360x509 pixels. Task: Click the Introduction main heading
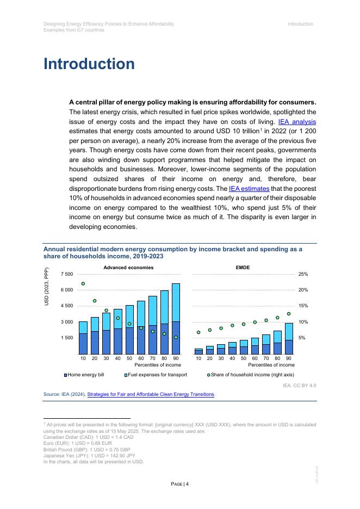coord(89,64)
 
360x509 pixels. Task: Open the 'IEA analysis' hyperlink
coord(297,122)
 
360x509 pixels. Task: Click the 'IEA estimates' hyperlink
coord(249,189)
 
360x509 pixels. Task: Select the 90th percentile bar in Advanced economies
coord(176,319)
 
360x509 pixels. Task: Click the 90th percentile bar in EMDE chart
coord(289,339)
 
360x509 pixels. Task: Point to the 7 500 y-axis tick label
coord(67,274)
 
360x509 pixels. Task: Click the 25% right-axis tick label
coord(303,274)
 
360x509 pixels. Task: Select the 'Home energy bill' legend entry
coord(84,375)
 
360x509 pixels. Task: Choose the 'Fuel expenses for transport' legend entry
coord(156,375)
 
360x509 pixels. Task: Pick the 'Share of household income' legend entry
coord(250,375)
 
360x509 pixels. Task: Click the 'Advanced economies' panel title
coord(128,268)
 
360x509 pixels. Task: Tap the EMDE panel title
coord(243,268)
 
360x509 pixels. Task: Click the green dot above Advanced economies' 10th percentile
coord(83,283)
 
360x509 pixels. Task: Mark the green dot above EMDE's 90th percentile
coord(289,314)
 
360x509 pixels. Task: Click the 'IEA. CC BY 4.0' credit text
coord(299,385)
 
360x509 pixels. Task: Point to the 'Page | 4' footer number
coord(180,484)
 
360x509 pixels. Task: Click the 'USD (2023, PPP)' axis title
coord(47,286)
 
